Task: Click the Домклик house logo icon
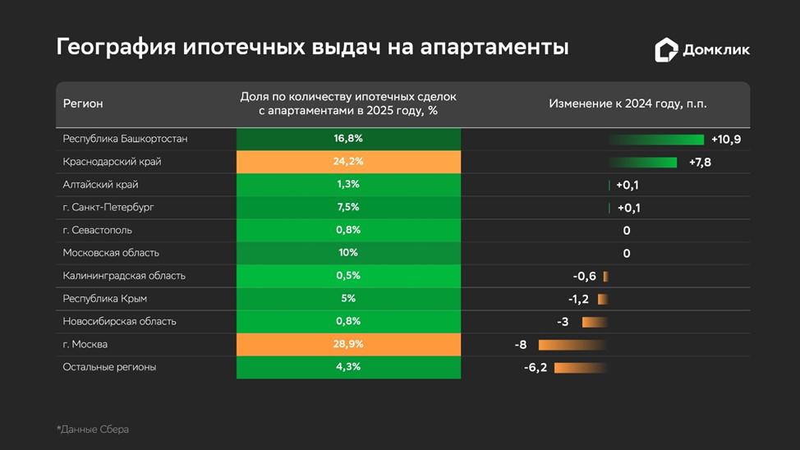click(666, 49)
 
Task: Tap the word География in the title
click(116, 47)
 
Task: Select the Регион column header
click(83, 103)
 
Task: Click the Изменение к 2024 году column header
click(628, 103)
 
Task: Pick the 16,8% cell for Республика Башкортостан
click(348, 139)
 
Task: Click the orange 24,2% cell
click(348, 162)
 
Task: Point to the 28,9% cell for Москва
click(348, 344)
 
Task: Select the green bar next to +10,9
click(656, 140)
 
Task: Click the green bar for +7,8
click(643, 163)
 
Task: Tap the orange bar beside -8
click(572, 346)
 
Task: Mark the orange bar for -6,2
click(581, 368)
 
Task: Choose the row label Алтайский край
click(100, 185)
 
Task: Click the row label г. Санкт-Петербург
click(108, 207)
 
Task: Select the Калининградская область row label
click(124, 276)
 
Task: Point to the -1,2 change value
click(578, 299)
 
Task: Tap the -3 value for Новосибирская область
click(563, 322)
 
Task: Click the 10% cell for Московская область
click(348, 253)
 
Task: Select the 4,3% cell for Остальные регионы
click(348, 367)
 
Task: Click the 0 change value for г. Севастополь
click(627, 231)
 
